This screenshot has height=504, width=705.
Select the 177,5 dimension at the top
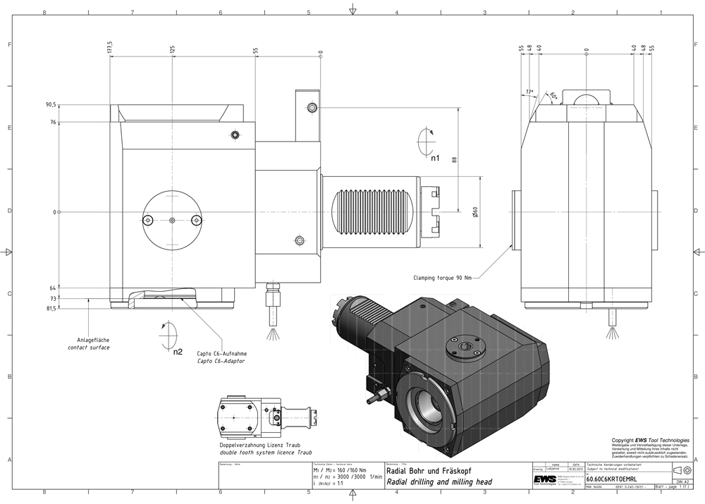pyautogui.click(x=111, y=48)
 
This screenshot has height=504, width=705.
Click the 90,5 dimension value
pyautogui.click(x=51, y=105)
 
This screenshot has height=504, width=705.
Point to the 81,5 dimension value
pyautogui.click(x=51, y=309)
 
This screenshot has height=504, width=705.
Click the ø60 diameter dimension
pyautogui.click(x=476, y=211)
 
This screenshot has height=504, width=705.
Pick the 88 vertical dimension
pyautogui.click(x=455, y=160)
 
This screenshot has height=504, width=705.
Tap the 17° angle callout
pyautogui.click(x=530, y=92)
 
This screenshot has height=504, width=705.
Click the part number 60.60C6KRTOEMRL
pyautogui.click(x=611, y=477)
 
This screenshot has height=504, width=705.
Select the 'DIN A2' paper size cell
pyautogui.click(x=681, y=481)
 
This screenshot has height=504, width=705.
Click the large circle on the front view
pyautogui.click(x=173, y=220)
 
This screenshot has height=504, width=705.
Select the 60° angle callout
pyautogui.click(x=553, y=96)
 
